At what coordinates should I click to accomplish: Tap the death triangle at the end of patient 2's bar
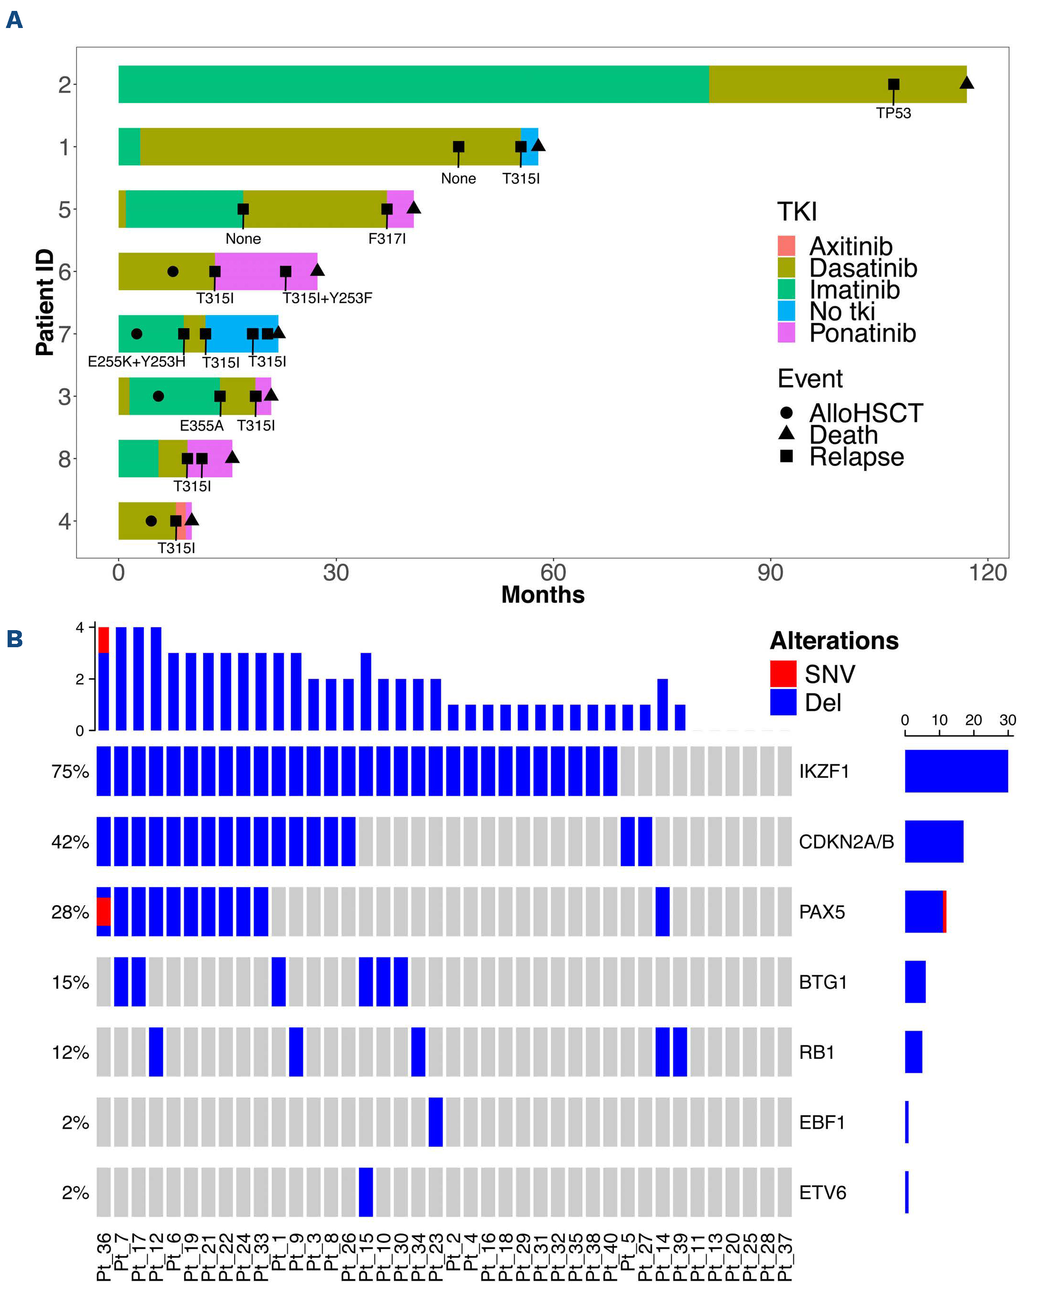click(966, 83)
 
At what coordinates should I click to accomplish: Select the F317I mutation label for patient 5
click(387, 239)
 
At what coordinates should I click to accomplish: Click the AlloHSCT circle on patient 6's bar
click(173, 272)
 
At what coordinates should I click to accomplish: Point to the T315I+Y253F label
click(328, 298)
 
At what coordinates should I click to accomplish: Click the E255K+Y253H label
click(136, 362)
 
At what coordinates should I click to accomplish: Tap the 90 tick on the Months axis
click(770, 573)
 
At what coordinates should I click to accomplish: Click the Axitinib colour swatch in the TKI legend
click(786, 246)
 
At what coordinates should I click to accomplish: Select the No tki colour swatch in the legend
click(786, 311)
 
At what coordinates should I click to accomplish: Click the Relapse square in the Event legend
click(786, 456)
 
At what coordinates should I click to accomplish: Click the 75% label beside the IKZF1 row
click(70, 771)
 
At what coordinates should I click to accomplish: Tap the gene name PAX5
click(822, 912)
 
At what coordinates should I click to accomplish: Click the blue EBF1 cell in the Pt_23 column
click(435, 1122)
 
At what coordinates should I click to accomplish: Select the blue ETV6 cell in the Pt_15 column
click(366, 1192)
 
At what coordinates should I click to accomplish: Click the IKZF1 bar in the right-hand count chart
click(956, 771)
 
